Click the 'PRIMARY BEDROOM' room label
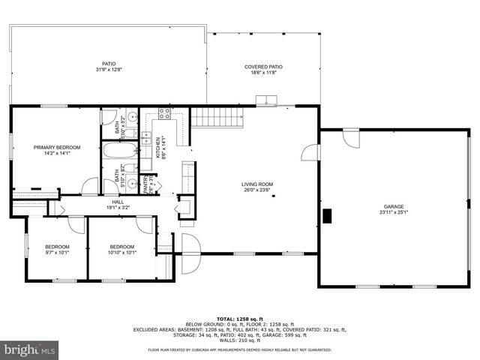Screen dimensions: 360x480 click(56, 147)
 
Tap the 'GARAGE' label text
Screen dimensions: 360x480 click(394, 206)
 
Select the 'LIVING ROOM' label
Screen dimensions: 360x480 click(256, 184)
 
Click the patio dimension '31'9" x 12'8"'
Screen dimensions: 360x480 click(108, 70)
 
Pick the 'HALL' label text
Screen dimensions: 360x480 click(118, 202)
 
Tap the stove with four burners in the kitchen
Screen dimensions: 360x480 click(164, 115)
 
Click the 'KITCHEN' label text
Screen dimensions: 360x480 click(158, 147)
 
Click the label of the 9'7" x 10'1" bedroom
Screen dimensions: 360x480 click(56, 247)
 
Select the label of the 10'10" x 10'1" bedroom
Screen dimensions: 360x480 click(121, 247)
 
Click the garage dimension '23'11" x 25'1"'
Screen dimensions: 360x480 click(394, 212)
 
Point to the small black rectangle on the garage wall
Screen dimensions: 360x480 click(327, 216)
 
